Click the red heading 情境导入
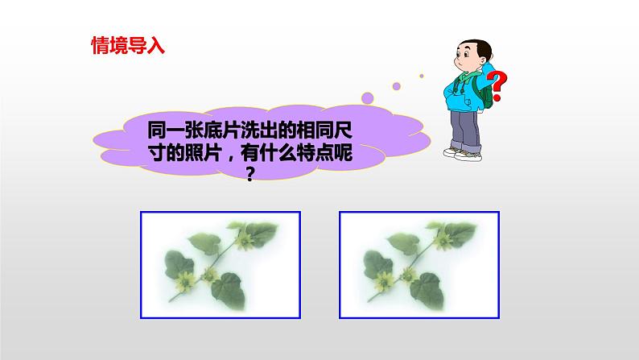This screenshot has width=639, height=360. click(127, 44)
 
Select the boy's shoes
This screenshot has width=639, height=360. click(463, 152)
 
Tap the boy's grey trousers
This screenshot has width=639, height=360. click(465, 126)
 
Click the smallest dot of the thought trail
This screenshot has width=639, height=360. click(421, 77)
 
